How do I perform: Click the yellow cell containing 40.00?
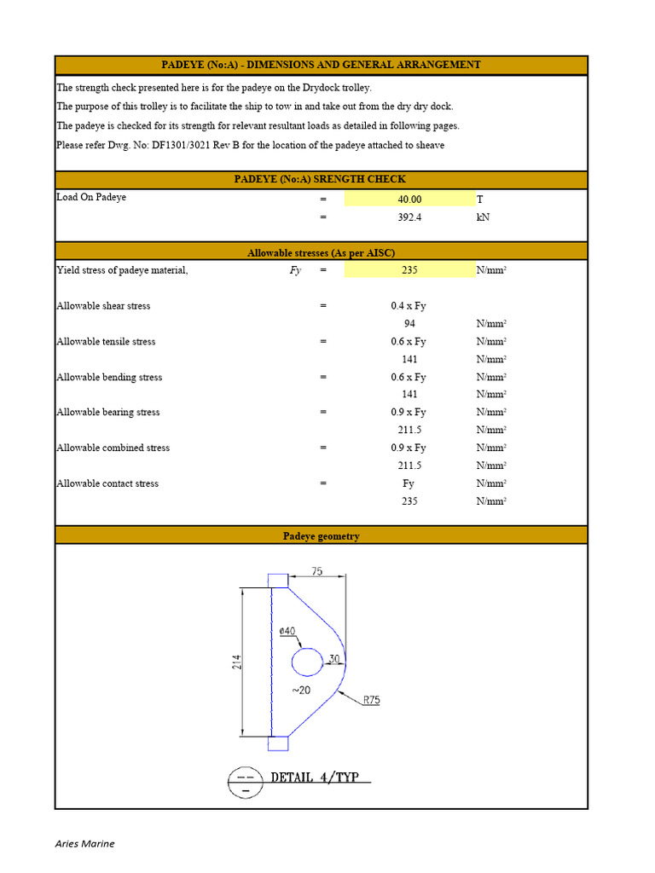(409, 199)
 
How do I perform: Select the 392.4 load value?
(409, 217)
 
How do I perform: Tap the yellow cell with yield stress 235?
(409, 270)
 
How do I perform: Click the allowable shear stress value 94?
(409, 324)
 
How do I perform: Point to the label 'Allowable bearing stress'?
(108, 413)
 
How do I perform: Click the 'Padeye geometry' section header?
(321, 536)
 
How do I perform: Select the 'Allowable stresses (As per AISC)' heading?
(321, 253)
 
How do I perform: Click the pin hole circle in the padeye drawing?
(307, 662)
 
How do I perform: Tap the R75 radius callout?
(371, 700)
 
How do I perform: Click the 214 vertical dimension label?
(237, 662)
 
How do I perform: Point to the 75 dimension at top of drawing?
(316, 572)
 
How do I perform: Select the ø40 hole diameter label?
(287, 631)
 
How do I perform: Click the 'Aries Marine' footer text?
(84, 844)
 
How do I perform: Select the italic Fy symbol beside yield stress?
(295, 270)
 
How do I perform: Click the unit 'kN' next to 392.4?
(484, 217)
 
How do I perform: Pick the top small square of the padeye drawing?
(278, 581)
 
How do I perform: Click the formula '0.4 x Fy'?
(409, 306)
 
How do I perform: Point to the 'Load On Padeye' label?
(91, 198)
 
